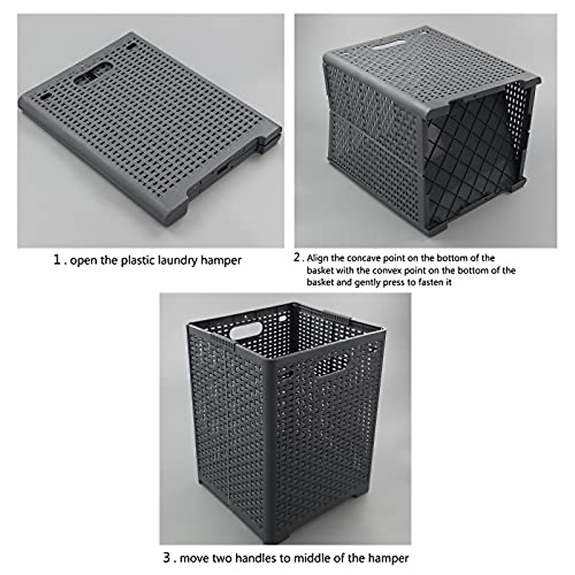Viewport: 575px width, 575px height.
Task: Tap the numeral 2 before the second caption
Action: pyautogui.click(x=297, y=258)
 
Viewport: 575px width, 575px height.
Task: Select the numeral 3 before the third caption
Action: pyautogui.click(x=166, y=558)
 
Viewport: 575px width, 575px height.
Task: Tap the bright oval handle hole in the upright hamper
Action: pyautogui.click(x=246, y=330)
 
